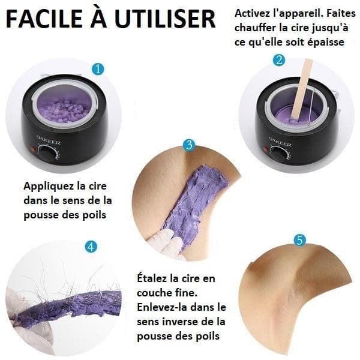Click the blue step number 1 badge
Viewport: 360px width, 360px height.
pos(98,69)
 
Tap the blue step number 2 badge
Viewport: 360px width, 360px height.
pos(279,61)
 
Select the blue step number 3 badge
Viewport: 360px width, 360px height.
pos(189,145)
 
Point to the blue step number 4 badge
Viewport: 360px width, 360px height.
pos(91,247)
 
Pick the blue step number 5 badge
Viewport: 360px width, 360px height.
pos(300,240)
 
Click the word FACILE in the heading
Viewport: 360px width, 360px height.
pos(44,19)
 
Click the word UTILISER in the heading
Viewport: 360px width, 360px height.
pos(165,19)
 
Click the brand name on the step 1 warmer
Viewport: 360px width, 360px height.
pos(49,140)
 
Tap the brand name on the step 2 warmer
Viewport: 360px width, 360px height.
pos(280,142)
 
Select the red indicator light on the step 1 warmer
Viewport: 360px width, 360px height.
pos(33,149)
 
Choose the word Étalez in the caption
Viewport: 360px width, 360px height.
pos(152,278)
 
